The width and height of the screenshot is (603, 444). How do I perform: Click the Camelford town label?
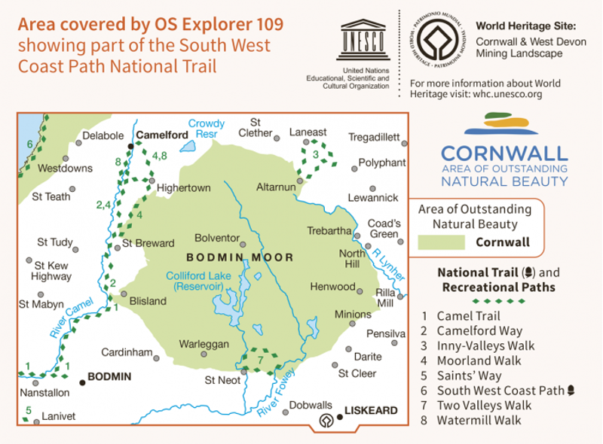[161, 135]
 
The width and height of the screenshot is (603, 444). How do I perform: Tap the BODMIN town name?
[109, 376]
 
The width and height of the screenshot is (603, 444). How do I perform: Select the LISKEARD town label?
[371, 411]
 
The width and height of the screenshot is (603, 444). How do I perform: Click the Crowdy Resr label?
[207, 129]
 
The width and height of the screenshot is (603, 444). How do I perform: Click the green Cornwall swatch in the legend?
[441, 242]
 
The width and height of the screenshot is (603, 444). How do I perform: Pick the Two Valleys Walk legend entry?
[483, 405]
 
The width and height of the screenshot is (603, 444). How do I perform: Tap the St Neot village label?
[222, 382]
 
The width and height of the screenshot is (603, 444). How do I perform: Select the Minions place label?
[354, 314]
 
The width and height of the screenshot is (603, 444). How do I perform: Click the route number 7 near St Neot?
[259, 360]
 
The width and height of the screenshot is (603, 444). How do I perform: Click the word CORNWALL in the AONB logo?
[504, 153]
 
